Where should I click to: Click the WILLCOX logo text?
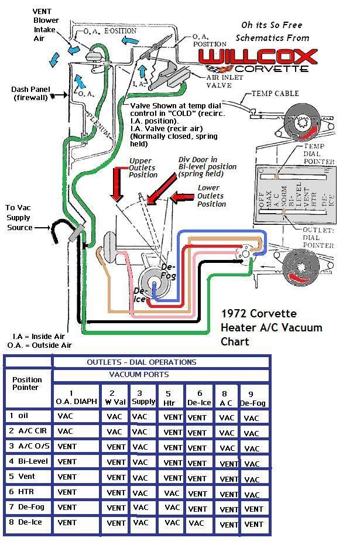258,57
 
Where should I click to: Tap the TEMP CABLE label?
275,94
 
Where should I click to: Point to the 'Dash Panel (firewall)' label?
30,94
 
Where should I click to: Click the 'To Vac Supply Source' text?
19,217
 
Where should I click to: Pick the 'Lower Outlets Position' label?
211,196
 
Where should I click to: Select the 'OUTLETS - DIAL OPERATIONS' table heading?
142,362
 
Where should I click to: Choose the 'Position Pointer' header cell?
27,383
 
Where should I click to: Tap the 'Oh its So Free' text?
272,25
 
